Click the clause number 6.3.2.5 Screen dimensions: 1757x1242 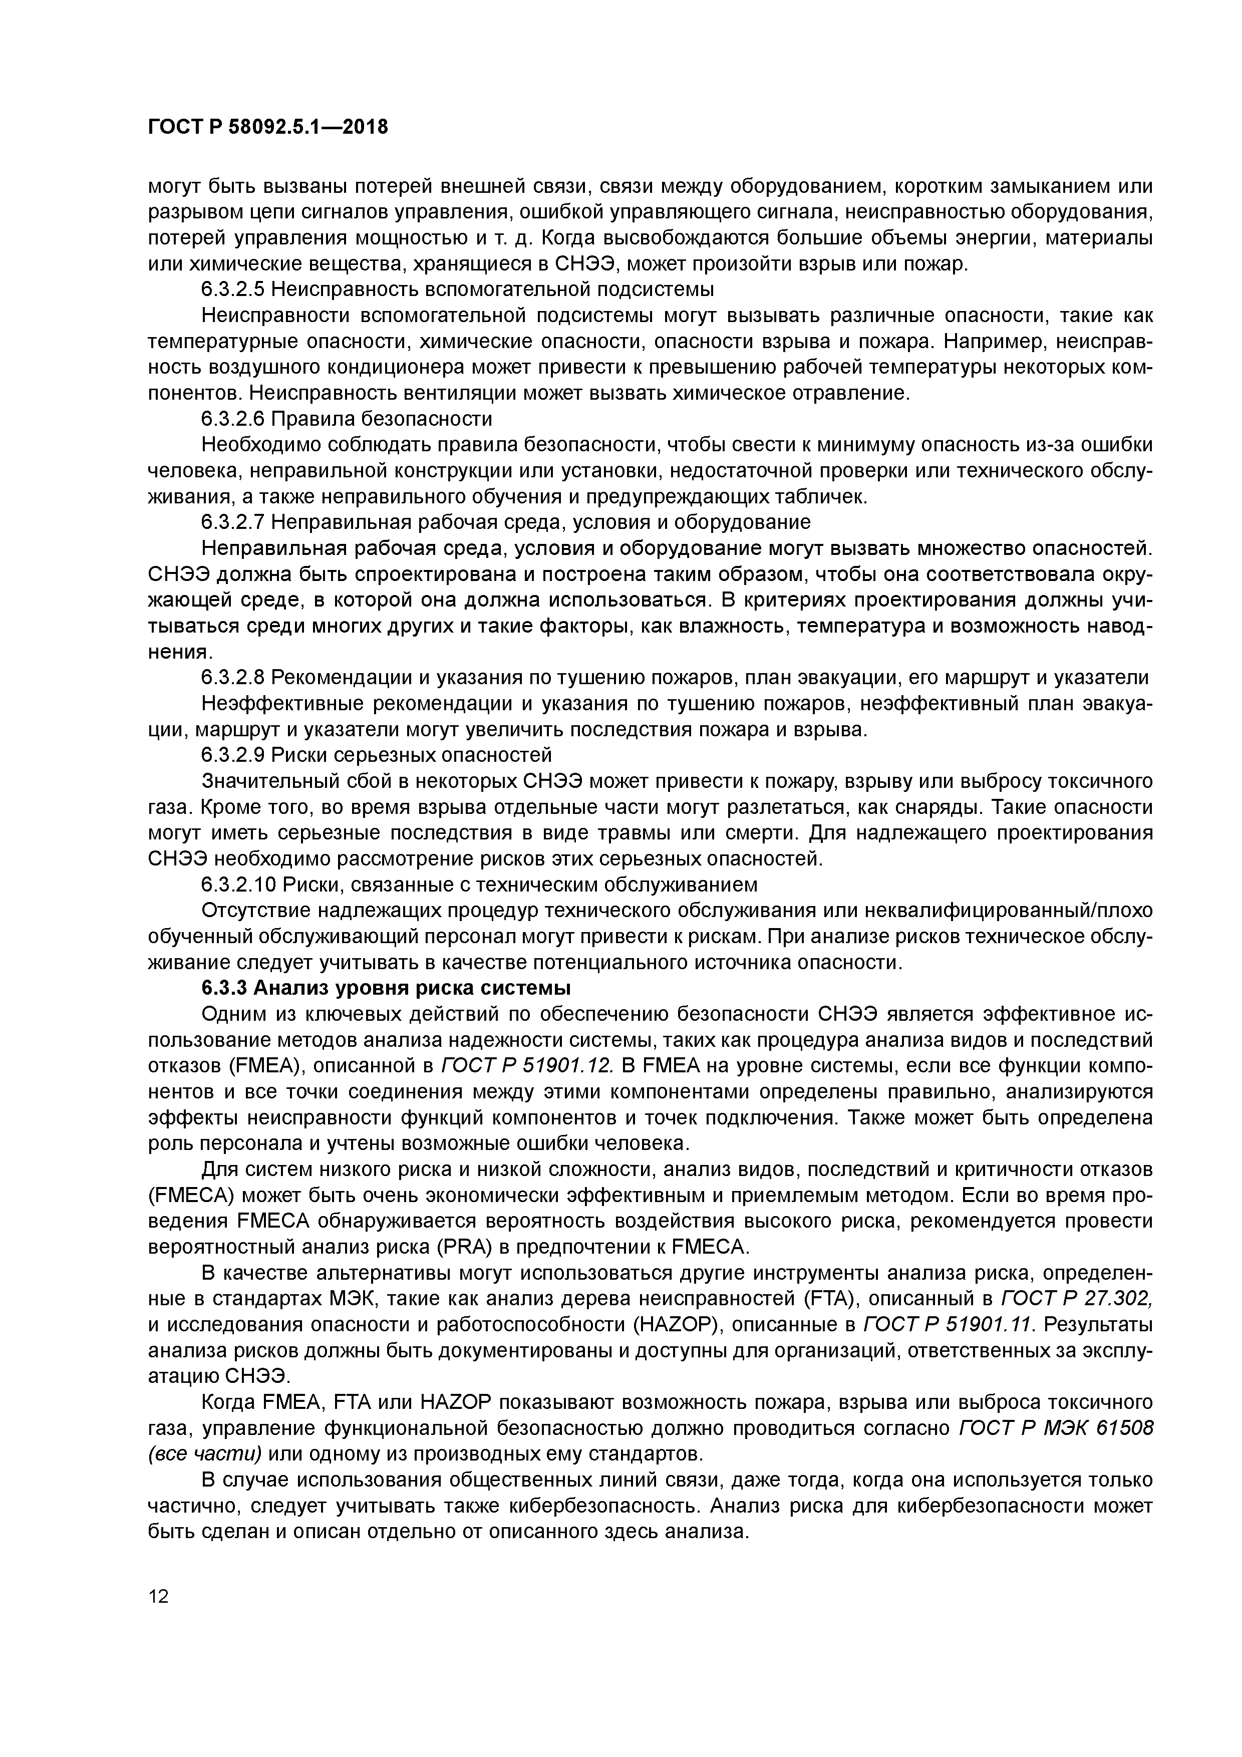pos(233,289)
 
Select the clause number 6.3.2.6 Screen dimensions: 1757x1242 pos(233,419)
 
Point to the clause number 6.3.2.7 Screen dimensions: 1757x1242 pos(233,522)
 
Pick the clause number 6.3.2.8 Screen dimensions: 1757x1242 pos(233,677)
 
